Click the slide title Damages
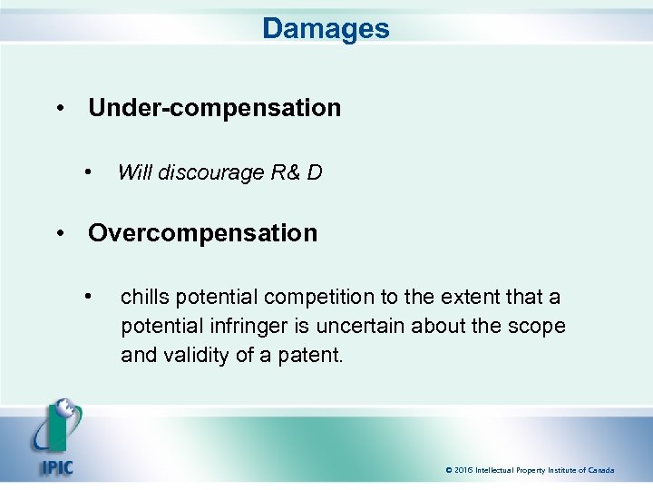pos(326,28)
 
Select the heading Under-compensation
pos(214,108)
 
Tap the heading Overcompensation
pos(202,233)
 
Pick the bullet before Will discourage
pos(88,171)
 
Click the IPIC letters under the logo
pos(56,468)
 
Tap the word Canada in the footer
pos(599,470)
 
